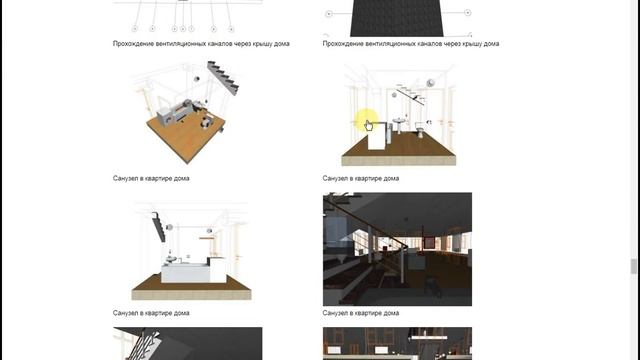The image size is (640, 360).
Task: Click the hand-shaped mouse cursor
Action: [368, 126]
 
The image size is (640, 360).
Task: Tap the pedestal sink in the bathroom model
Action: [399, 125]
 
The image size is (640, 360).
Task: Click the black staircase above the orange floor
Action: [223, 78]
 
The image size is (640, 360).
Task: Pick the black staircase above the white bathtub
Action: [159, 227]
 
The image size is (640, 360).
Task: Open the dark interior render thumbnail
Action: [397, 249]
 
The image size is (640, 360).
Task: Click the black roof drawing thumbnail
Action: [397, 18]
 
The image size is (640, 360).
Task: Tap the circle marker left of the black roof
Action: [329, 14]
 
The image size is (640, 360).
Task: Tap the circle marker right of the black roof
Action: [468, 13]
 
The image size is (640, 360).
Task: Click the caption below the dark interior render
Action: [360, 313]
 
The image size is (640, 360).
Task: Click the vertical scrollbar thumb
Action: [633, 266]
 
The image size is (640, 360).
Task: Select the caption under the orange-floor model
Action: [151, 178]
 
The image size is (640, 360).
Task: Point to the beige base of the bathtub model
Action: [191, 294]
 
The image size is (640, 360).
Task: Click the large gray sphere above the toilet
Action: [430, 83]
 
